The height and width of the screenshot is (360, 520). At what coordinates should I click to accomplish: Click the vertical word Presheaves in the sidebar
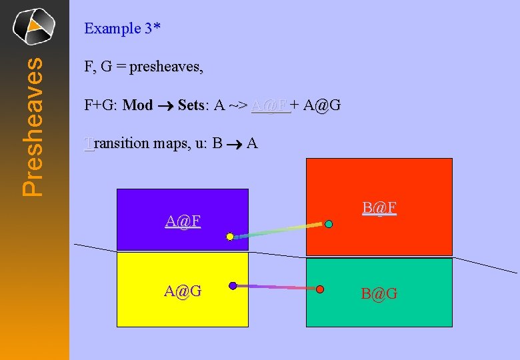tap(34, 126)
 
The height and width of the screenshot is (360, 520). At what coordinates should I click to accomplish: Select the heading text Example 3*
tap(123, 29)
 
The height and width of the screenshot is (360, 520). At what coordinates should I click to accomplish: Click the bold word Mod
tap(138, 105)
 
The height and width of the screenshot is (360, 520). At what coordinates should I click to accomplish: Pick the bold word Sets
tap(191, 105)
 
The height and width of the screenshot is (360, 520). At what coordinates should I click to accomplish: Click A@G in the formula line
tap(321, 105)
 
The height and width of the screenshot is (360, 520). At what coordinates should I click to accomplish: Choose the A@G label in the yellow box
tap(183, 291)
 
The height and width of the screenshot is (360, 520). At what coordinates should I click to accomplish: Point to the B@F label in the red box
tap(380, 209)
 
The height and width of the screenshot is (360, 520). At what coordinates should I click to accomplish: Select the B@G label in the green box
tap(379, 293)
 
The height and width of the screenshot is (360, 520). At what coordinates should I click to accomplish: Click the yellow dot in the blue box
tap(230, 236)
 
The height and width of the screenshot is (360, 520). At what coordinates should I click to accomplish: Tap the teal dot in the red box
tap(329, 225)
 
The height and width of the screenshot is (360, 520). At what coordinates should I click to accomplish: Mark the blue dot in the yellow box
tap(233, 286)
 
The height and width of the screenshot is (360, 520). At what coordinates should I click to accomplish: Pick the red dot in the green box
tap(320, 289)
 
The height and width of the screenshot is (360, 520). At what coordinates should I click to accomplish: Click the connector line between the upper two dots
tap(279, 231)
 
